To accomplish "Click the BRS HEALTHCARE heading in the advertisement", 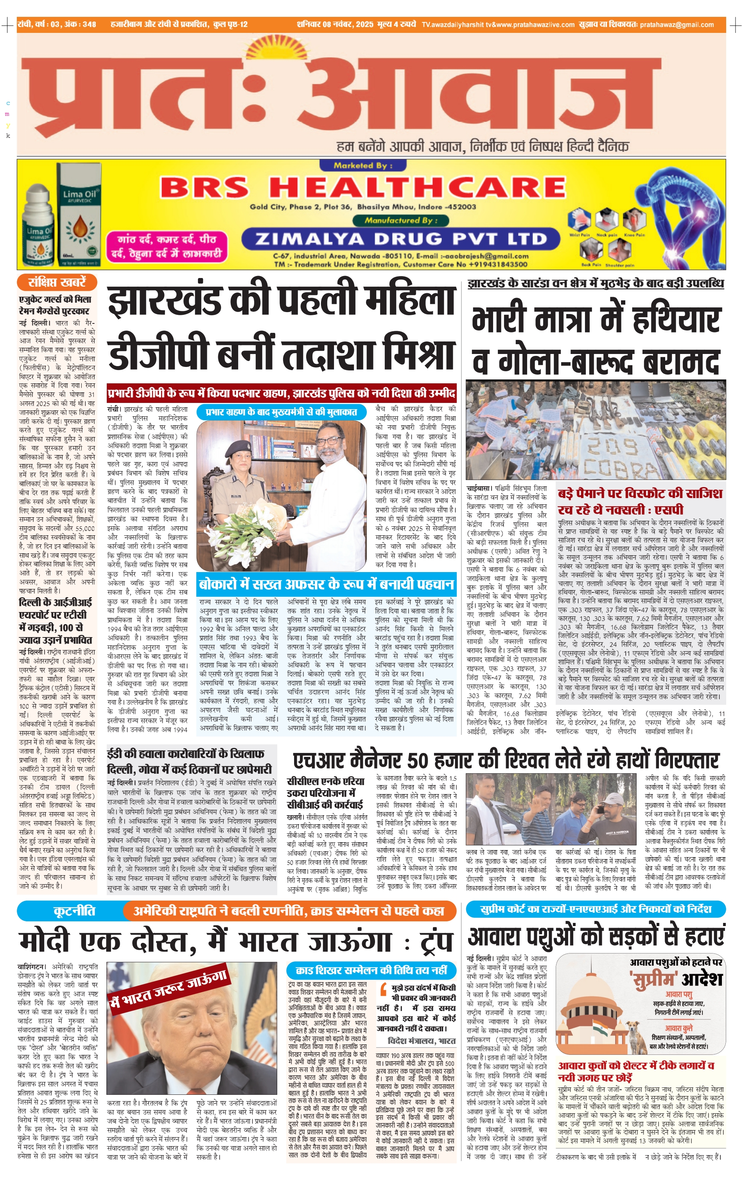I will point(363,188).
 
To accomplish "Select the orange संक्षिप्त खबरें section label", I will point(57,282).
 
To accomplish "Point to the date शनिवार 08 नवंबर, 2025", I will point(334,24).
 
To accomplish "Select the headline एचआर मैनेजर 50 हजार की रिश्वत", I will point(506,760).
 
